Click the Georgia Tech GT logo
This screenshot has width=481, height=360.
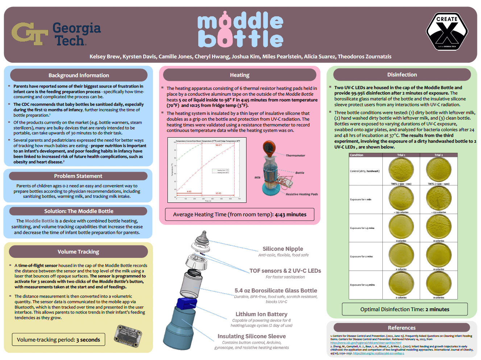(x=30, y=34)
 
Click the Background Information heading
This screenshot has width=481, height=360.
(x=79, y=75)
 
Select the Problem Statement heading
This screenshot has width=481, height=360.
(x=78, y=176)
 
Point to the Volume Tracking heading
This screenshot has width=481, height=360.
(x=78, y=252)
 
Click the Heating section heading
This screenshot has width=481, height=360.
(x=240, y=75)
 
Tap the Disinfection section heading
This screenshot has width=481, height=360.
(x=402, y=75)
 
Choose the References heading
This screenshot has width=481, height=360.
(x=402, y=328)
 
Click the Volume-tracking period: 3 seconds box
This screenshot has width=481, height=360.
(x=58, y=340)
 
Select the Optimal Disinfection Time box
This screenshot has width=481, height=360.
(x=405, y=309)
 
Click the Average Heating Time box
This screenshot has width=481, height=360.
(x=240, y=214)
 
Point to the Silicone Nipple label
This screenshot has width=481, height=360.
(x=283, y=249)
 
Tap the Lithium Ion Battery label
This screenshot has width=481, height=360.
(x=261, y=314)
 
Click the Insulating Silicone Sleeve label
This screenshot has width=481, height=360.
(x=252, y=336)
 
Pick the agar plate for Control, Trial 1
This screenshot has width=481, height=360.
(x=401, y=170)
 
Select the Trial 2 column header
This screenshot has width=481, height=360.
(x=439, y=155)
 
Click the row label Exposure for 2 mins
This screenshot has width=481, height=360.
(x=361, y=256)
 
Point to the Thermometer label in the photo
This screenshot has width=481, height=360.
(x=295, y=155)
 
